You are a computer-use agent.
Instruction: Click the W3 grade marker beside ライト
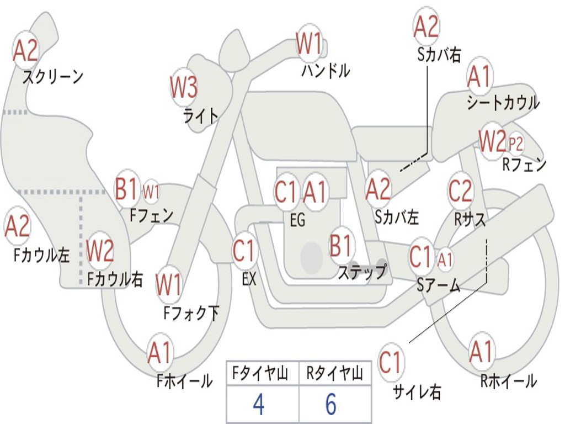point(184,87)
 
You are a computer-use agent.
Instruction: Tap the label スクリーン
point(53,76)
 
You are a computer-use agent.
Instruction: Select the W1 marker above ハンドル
point(309,43)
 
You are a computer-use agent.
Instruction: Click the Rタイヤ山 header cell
point(335,373)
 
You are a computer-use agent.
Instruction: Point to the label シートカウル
point(503,102)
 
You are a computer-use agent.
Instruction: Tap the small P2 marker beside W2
point(516,144)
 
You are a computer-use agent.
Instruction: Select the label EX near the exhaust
point(249,279)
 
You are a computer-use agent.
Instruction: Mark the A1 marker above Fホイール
point(159,352)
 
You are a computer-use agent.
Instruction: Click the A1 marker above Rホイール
point(481,352)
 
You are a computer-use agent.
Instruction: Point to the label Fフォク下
point(191,313)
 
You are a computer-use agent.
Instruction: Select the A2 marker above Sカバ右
point(427,26)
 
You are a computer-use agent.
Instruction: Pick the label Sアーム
point(439,285)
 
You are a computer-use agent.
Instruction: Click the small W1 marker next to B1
point(151,192)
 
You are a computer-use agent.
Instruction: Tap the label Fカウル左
point(41,255)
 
